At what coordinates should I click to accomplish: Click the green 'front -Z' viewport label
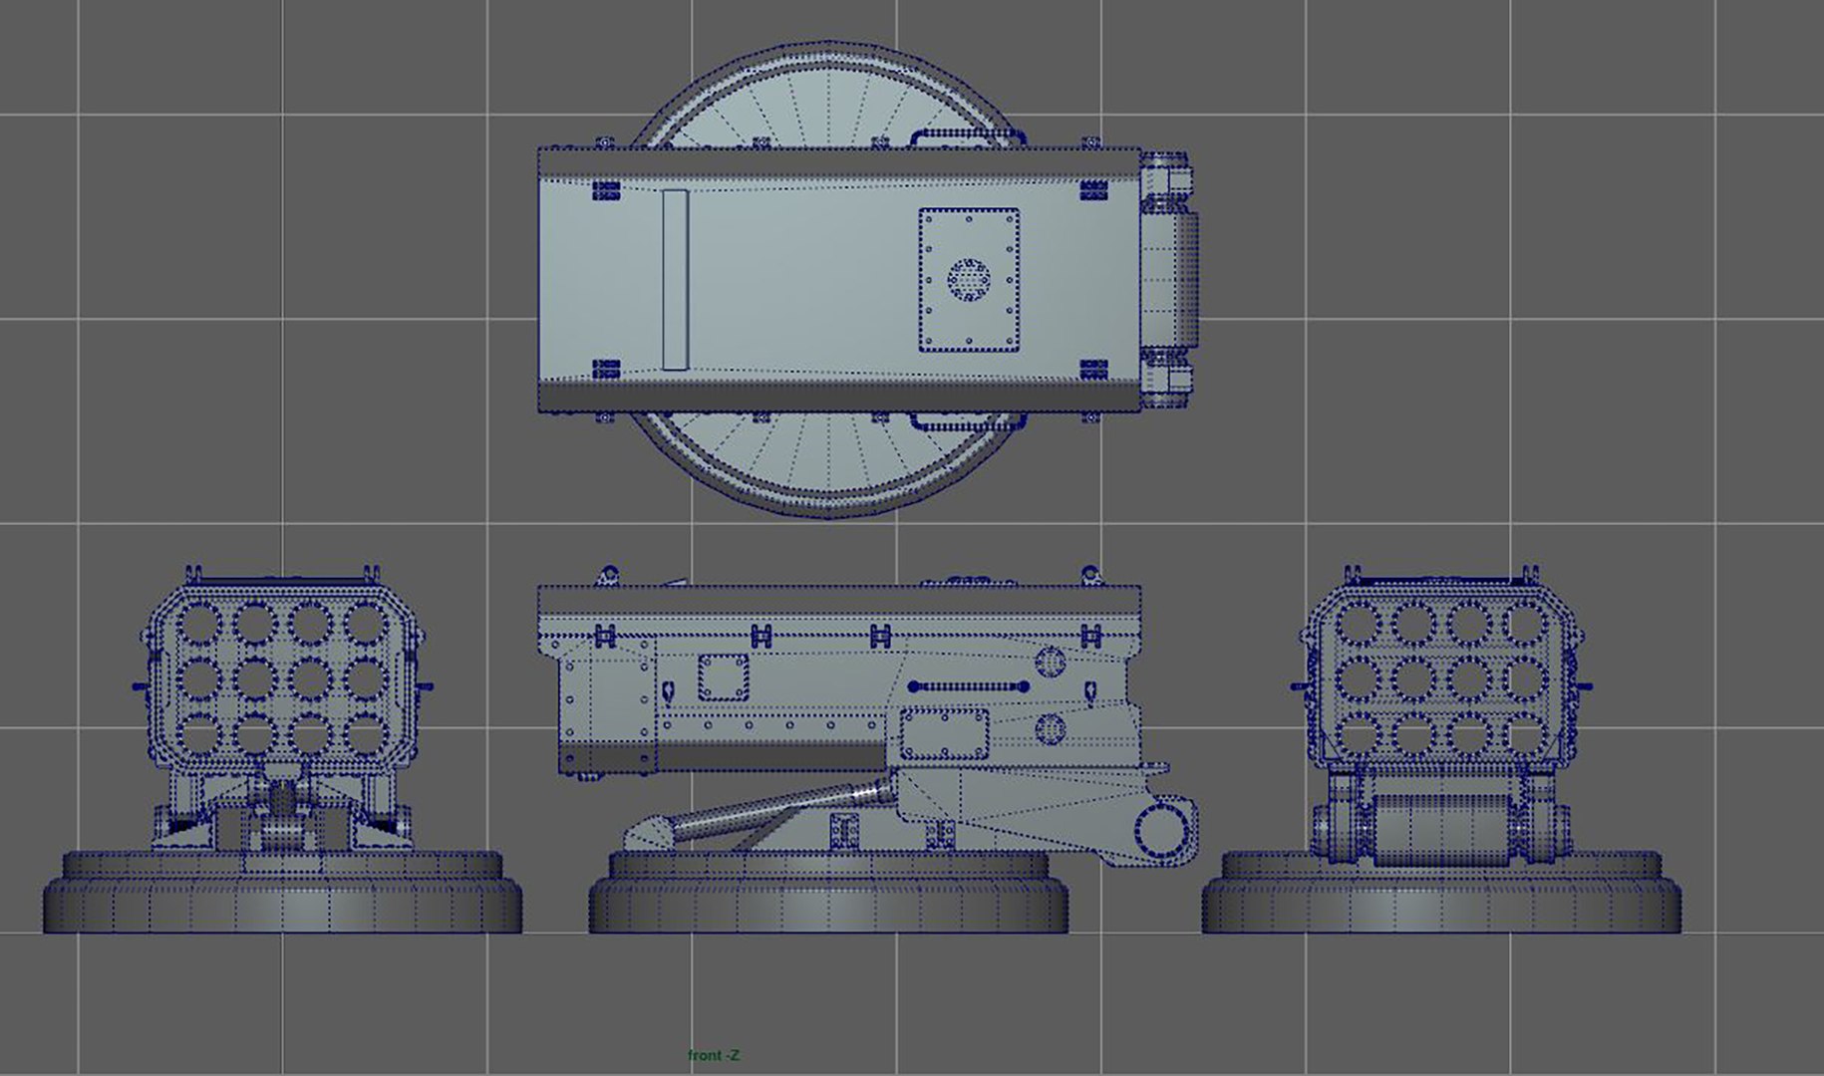tap(714, 1055)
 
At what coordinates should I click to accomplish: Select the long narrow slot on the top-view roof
tap(675, 280)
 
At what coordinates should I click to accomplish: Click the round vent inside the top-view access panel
tap(968, 280)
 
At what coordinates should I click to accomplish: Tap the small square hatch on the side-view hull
tap(723, 677)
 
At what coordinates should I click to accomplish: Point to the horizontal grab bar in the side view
tap(968, 686)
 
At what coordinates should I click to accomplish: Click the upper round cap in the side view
tap(1051, 660)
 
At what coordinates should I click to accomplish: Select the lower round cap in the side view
tap(1050, 729)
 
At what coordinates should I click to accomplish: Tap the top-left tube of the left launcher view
tap(199, 624)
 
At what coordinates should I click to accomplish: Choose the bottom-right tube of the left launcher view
tap(365, 735)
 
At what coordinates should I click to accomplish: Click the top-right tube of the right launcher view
tap(1523, 624)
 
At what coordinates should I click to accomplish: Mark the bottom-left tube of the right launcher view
tap(1357, 735)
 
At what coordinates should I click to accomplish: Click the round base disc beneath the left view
tap(282, 897)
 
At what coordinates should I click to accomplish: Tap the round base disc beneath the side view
tap(827, 897)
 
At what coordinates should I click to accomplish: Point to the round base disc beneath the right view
tap(1441, 897)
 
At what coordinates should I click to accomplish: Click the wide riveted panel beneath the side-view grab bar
tap(944, 734)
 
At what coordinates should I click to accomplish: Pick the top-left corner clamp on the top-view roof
tap(606, 190)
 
